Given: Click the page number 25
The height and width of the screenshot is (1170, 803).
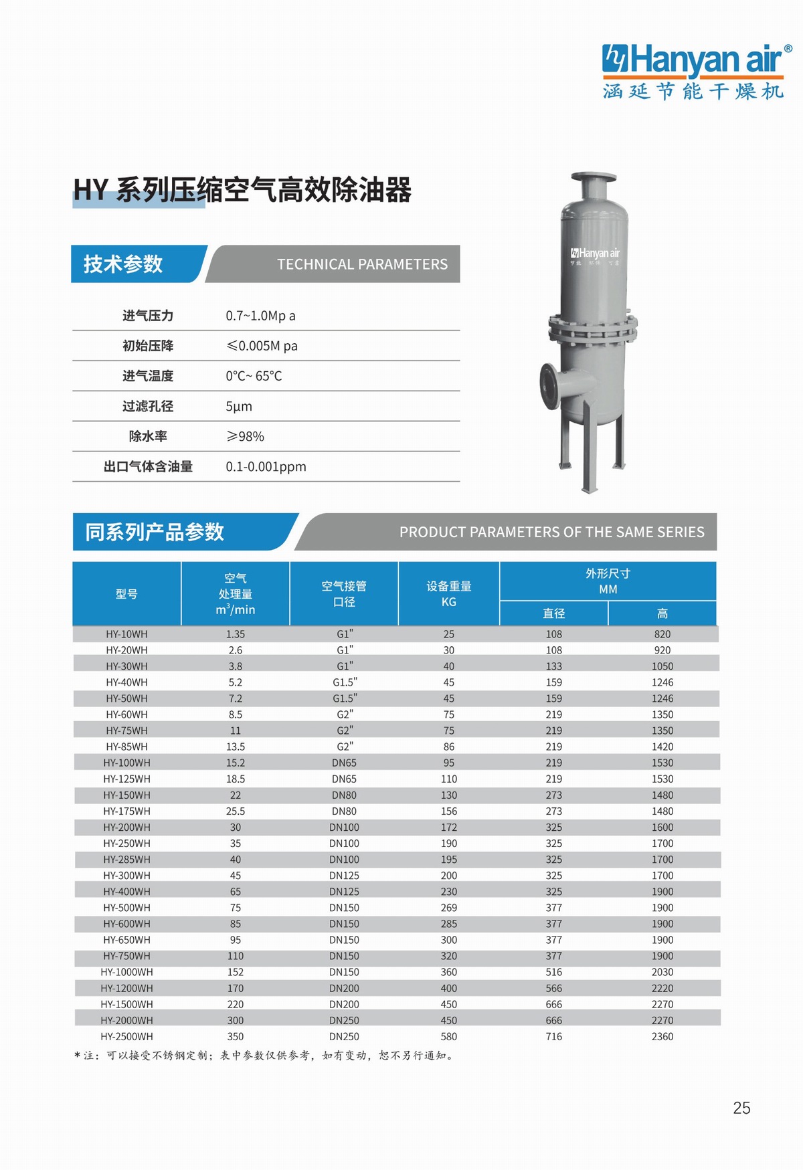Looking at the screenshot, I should (x=741, y=1108).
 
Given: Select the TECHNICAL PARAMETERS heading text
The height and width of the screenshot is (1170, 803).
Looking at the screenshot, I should (x=362, y=264).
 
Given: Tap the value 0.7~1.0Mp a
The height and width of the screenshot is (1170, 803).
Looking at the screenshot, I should (x=260, y=316).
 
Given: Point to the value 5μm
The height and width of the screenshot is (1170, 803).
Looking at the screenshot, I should (x=239, y=406).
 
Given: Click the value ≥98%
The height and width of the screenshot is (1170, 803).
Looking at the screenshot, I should (x=245, y=436).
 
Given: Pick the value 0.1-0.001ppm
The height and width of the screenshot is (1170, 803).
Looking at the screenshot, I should (x=266, y=466).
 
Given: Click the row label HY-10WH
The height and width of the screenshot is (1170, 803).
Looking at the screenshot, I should (x=126, y=633).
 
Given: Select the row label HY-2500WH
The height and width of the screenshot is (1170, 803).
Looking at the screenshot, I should (x=126, y=1036).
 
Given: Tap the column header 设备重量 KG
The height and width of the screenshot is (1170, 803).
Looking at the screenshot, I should (x=449, y=593).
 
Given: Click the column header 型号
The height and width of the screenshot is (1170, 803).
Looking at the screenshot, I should (x=126, y=593).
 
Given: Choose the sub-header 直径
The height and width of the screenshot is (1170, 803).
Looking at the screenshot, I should (x=553, y=613).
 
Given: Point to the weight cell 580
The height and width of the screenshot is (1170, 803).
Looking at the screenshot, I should (x=449, y=1036).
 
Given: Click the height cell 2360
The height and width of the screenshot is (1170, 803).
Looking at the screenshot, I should (x=662, y=1036).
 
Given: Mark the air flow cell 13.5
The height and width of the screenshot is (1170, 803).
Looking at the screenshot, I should (x=236, y=747).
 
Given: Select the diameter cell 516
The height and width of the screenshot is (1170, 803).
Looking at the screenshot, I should (x=553, y=972).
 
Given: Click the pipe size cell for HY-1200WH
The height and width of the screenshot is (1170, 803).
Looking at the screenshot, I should (x=344, y=988).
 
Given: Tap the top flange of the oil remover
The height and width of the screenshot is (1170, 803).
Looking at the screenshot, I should (x=594, y=177).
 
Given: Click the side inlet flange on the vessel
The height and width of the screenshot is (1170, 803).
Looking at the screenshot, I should (x=549, y=386).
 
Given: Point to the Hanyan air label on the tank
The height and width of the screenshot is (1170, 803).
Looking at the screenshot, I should (x=595, y=254).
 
